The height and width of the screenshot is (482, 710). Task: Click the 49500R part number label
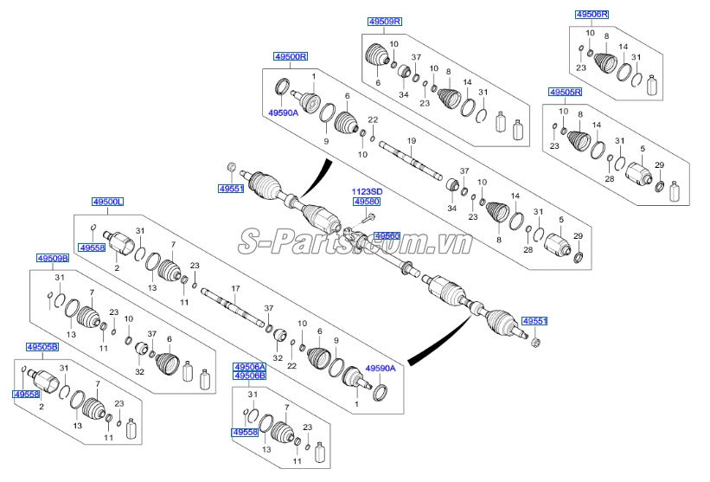[291, 56]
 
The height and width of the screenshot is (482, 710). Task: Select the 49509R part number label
[385, 21]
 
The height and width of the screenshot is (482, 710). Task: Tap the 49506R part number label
[592, 15]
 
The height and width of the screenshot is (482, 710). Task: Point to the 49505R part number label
[565, 92]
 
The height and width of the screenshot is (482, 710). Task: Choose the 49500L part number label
[108, 202]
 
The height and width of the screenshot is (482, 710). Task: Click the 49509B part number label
[53, 258]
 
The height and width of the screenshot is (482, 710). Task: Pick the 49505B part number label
[42, 347]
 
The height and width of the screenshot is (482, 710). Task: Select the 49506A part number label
[249, 368]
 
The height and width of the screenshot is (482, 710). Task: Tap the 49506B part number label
[249, 376]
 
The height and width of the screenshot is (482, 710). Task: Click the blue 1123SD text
[366, 191]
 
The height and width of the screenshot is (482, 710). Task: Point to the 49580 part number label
[366, 202]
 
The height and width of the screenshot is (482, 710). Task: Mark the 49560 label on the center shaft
[387, 235]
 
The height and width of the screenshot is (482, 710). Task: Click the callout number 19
[412, 141]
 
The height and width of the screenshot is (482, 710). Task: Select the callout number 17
[233, 287]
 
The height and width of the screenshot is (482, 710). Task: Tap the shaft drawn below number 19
[411, 159]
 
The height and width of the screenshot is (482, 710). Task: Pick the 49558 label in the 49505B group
[26, 394]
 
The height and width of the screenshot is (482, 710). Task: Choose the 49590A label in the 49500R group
[282, 112]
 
